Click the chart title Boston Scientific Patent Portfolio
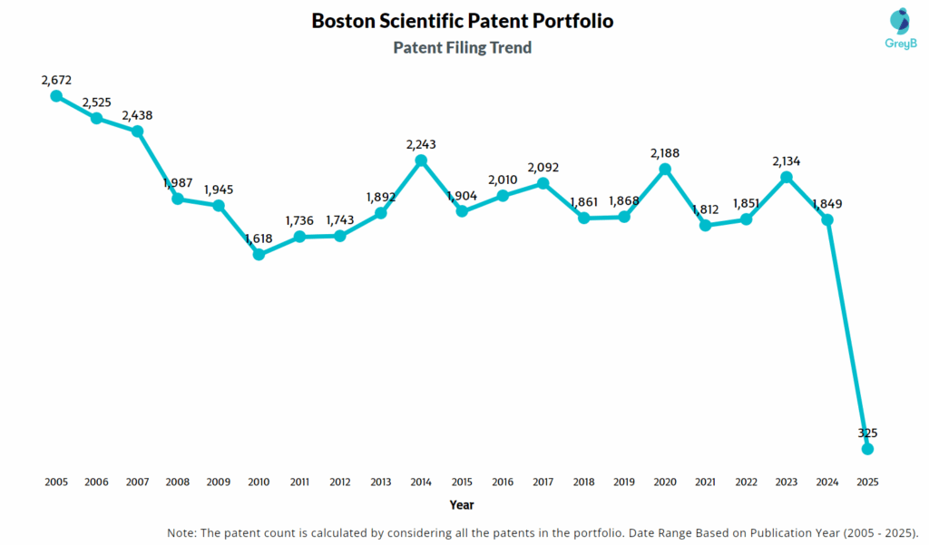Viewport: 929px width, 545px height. (x=463, y=20)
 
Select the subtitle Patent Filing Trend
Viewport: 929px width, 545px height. (x=463, y=47)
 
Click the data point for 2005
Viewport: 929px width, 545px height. (x=56, y=95)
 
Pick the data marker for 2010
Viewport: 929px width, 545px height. (x=259, y=254)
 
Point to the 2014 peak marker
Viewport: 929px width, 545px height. (x=421, y=161)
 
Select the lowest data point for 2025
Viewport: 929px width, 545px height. (x=867, y=448)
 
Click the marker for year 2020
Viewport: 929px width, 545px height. (x=665, y=169)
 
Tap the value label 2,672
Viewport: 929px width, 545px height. (x=56, y=80)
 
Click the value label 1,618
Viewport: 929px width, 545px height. (x=259, y=238)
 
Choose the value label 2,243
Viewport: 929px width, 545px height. (x=421, y=144)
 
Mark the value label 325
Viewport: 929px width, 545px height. (x=867, y=433)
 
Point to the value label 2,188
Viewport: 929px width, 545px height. (x=665, y=153)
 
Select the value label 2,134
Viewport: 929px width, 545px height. (x=787, y=161)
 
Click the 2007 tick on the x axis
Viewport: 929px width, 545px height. (x=137, y=482)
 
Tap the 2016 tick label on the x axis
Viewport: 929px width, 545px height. (x=503, y=482)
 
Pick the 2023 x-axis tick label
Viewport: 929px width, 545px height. (x=787, y=482)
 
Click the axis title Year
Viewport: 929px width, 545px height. (x=461, y=505)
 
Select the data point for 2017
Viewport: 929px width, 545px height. (x=543, y=183)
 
